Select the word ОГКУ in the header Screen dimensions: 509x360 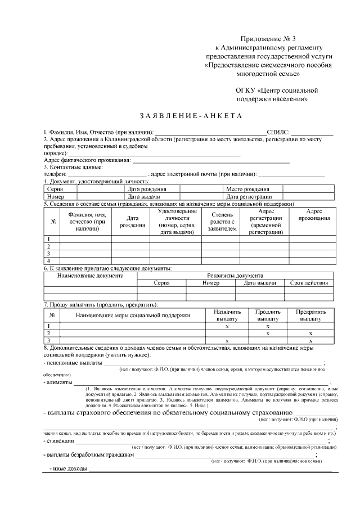245,90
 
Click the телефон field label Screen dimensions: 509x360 56,174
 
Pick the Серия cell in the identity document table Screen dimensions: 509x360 56,190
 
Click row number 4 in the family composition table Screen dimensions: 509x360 48,261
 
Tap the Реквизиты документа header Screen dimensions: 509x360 235,276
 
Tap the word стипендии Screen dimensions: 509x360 60,440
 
